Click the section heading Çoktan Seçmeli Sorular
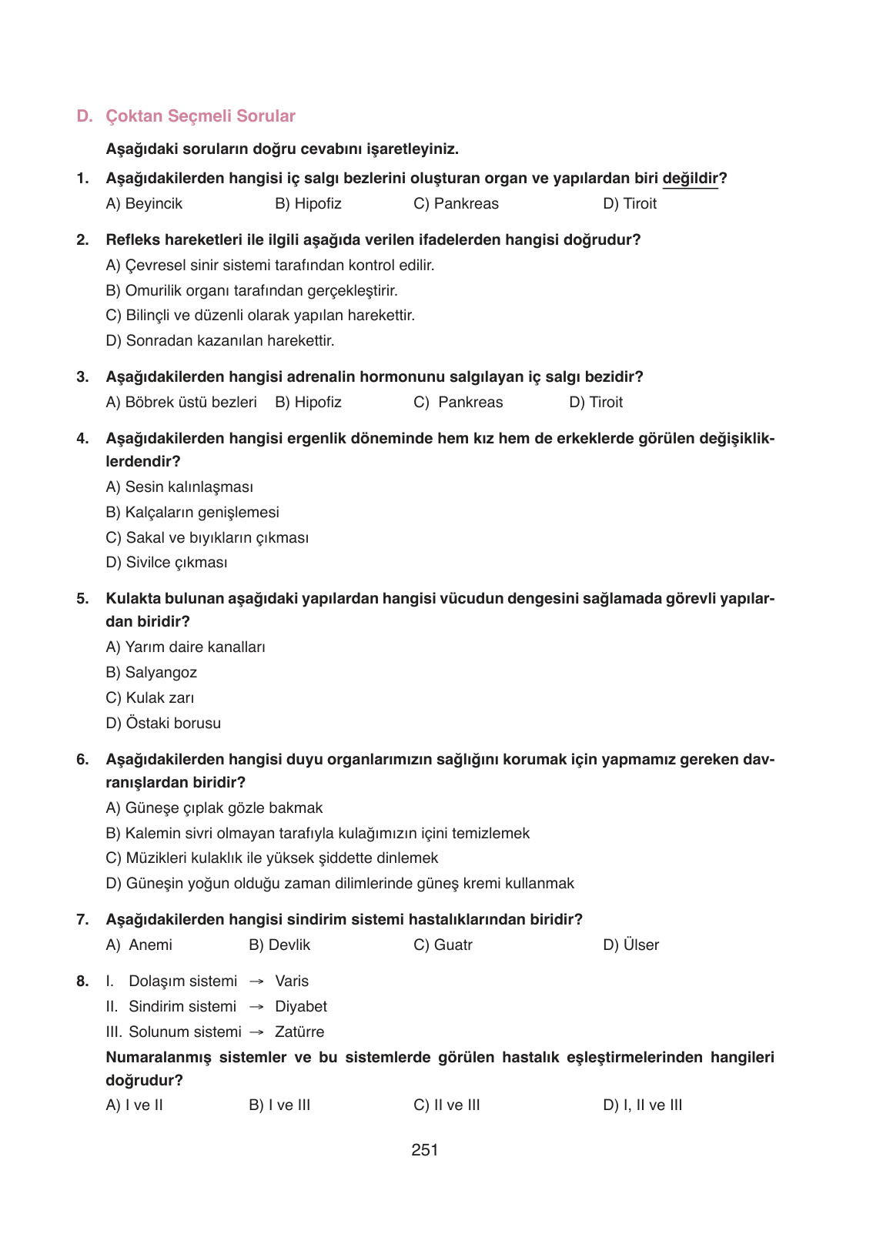point(199,116)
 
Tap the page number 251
point(425,1150)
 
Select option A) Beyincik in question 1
point(144,204)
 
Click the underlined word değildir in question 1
point(690,179)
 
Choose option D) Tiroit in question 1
point(630,204)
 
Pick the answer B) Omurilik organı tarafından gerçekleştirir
point(251,291)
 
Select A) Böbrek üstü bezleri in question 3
point(181,403)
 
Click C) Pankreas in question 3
point(458,403)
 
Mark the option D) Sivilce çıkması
point(166,563)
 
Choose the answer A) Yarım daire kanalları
point(185,647)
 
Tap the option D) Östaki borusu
point(163,724)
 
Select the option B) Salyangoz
point(151,673)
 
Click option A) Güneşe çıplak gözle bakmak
point(214,808)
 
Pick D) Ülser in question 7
point(630,945)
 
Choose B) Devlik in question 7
point(279,945)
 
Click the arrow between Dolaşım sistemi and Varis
point(257,981)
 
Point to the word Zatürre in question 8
point(299,1032)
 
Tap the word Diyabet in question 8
point(301,1007)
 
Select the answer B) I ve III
point(279,1105)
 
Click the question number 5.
point(82,599)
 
